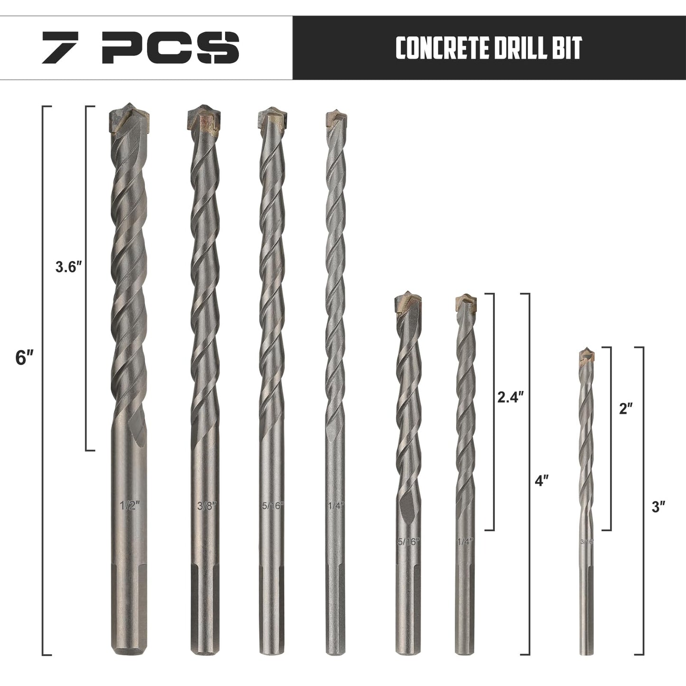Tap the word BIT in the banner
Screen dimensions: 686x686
[566, 47]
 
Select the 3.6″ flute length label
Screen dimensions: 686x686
[69, 268]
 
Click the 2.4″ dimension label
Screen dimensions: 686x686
[510, 397]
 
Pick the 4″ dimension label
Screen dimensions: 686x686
[542, 480]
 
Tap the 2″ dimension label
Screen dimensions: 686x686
[626, 409]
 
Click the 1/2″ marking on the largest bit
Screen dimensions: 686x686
[128, 506]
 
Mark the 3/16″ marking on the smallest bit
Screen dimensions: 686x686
[587, 541]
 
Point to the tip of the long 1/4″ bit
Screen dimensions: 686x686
[336, 119]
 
